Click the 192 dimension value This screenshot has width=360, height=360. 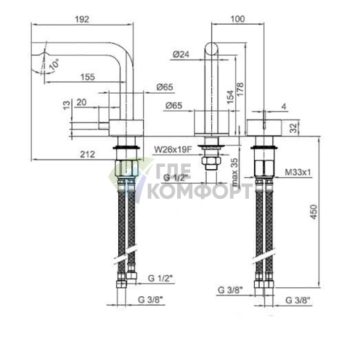point(82,20)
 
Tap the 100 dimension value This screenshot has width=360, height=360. point(237,19)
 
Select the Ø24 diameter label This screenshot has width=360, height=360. point(181,54)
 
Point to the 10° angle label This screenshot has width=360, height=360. point(54,65)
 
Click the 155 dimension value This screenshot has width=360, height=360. point(88,77)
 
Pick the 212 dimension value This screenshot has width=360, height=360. point(87,154)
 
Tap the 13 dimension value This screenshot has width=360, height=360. point(67,105)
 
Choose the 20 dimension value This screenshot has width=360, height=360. point(81,102)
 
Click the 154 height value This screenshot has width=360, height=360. point(230,97)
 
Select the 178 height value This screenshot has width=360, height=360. point(240,89)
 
